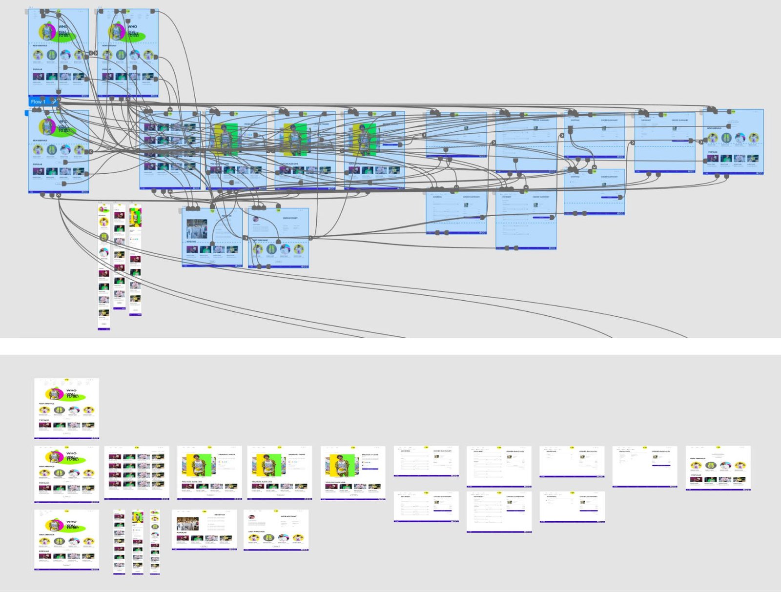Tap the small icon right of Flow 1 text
pyautogui.click(x=54, y=102)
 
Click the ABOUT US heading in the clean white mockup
pyautogui.click(x=220, y=515)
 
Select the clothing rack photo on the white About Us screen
pyautogui.click(x=188, y=524)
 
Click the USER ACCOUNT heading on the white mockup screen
pyautogui.click(x=288, y=516)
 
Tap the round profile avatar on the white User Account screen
pyautogui.click(x=252, y=517)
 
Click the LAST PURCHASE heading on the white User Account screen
pyautogui.click(x=257, y=531)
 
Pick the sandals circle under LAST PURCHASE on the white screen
pyautogui.click(x=267, y=538)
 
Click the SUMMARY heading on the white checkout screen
pyautogui.click(x=625, y=451)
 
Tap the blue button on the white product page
pyautogui.click(x=370, y=469)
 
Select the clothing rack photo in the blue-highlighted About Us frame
pyautogui.click(x=197, y=229)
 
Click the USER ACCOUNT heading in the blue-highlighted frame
pyautogui.click(x=290, y=218)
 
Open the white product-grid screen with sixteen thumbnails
pyautogui.click(x=137, y=472)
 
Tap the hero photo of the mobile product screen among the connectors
pyautogui.click(x=135, y=217)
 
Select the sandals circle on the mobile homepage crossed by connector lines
pyautogui.click(x=103, y=237)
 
